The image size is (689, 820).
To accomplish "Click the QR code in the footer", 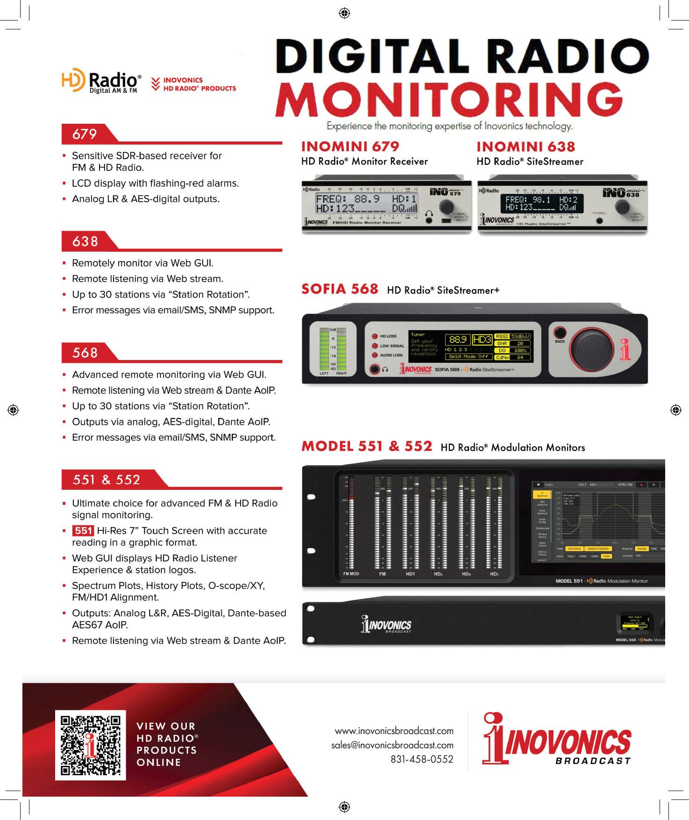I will click(91, 744).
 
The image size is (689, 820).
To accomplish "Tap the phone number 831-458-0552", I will click(422, 759).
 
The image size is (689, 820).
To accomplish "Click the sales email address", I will click(392, 745).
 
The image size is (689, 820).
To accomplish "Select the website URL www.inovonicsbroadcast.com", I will click(394, 730).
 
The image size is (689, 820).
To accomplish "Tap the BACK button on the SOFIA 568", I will click(560, 333).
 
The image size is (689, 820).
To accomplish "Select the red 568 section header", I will click(85, 353).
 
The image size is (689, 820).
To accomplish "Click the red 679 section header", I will click(85, 134).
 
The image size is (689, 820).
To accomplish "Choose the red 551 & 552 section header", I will click(107, 480).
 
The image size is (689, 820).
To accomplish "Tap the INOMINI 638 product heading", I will click(526, 147).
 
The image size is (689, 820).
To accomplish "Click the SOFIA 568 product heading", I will click(340, 289).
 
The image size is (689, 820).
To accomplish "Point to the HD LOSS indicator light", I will click(375, 336).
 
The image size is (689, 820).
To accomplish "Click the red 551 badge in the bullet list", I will click(83, 530).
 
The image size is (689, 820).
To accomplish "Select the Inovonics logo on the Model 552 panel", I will click(385, 625).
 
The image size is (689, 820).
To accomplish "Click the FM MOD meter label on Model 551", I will click(351, 573).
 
